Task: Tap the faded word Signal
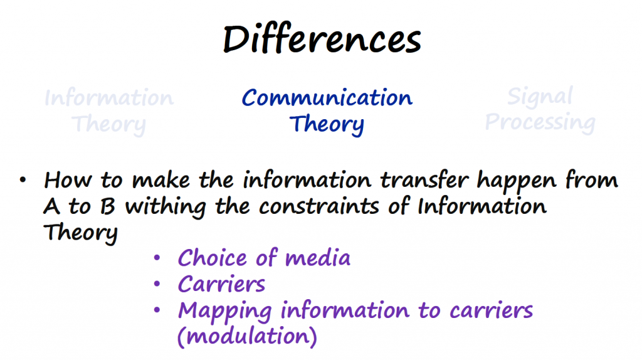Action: [x=540, y=97]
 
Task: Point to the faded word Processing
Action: [x=540, y=122]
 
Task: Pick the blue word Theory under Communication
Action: [x=327, y=124]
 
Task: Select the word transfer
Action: [x=424, y=180]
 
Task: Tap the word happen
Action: [x=517, y=182]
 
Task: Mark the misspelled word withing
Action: [x=166, y=207]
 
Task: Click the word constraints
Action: [x=319, y=206]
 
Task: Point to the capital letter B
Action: [x=107, y=206]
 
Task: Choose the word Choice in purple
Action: [x=213, y=258]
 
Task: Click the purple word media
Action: [x=318, y=258]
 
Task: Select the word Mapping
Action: [x=225, y=311]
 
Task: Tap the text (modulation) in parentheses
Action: [x=247, y=336]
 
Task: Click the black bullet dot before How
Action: [x=23, y=180]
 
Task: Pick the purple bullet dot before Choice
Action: [x=157, y=258]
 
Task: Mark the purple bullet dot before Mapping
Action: [x=157, y=310]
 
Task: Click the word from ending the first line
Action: [x=592, y=180]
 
